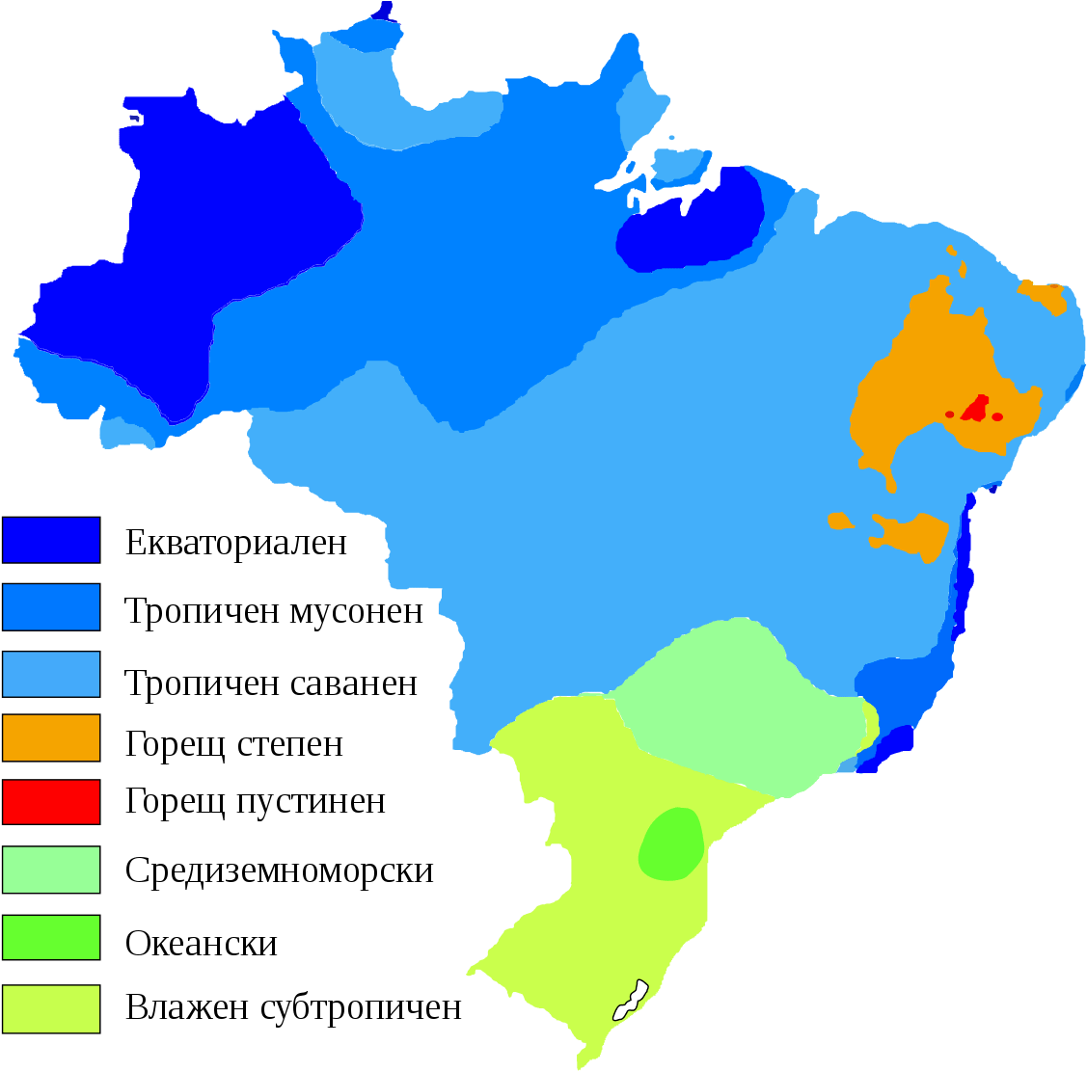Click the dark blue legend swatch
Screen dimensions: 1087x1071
[x=51, y=540]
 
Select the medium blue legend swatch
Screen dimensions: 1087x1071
[x=51, y=606]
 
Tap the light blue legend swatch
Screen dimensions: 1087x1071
[x=51, y=674]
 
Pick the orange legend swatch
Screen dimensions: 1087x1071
[x=51, y=737]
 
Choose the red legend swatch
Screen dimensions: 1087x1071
[x=51, y=802]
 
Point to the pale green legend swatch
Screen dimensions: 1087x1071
[x=51, y=870]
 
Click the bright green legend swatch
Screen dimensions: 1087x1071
[x=51, y=937]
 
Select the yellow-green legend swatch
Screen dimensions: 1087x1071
[x=51, y=1008]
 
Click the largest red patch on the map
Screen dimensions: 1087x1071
[x=976, y=409]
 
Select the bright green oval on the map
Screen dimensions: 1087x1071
[x=671, y=843]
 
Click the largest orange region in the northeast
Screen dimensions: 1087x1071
[x=926, y=376]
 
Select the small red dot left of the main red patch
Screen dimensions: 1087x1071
[x=950, y=415]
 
